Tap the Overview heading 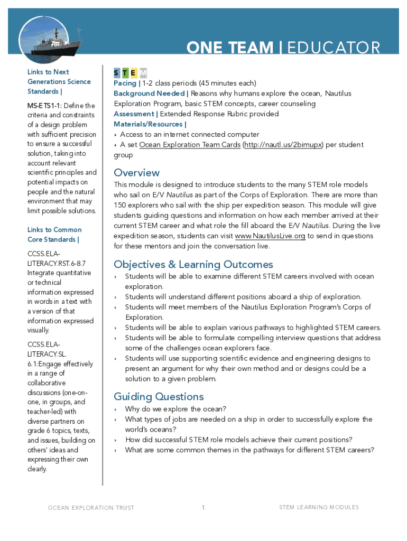[x=136, y=173]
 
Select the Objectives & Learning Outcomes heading [x=193, y=264]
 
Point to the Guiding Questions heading [x=159, y=397]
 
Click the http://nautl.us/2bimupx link [x=283, y=145]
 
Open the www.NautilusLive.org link [x=270, y=236]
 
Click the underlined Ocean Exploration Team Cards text [x=189, y=145]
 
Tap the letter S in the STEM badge [x=117, y=72]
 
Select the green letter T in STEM [x=125, y=72]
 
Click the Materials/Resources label [x=150, y=124]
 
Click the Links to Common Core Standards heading [x=54, y=235]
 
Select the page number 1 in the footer [x=203, y=508]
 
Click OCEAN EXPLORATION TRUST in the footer [x=91, y=508]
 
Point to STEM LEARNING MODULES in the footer [x=319, y=508]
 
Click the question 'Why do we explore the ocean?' [x=175, y=409]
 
